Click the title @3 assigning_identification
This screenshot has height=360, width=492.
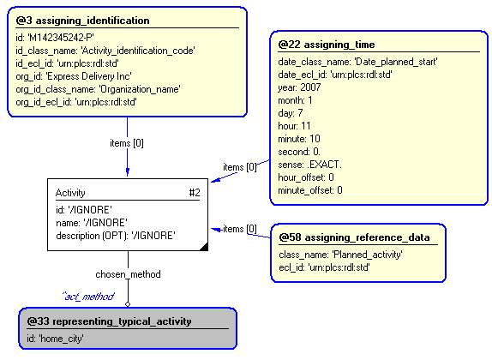(x=82, y=21)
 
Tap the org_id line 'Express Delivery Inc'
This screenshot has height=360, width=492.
(x=74, y=76)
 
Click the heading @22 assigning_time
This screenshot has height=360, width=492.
(x=327, y=45)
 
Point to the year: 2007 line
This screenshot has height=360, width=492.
(x=299, y=87)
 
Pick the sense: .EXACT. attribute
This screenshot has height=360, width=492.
(x=309, y=165)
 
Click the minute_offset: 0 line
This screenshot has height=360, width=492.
(x=310, y=190)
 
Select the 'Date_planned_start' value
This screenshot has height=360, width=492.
(x=396, y=62)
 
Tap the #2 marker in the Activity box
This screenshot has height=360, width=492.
(x=195, y=192)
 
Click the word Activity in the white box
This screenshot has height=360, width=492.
(x=70, y=193)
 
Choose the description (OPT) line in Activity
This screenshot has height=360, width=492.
(x=116, y=236)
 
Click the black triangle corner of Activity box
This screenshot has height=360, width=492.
(x=204, y=247)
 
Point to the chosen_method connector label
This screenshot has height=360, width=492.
(x=128, y=274)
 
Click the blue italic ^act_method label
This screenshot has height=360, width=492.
(x=89, y=297)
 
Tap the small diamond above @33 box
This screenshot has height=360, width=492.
(x=128, y=303)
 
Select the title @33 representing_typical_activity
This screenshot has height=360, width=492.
(x=109, y=321)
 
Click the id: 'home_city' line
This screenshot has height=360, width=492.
(x=55, y=339)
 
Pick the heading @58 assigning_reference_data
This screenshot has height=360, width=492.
(x=354, y=237)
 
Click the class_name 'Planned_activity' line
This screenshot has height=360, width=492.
(x=341, y=255)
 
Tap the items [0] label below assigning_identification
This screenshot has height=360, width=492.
(x=127, y=143)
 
